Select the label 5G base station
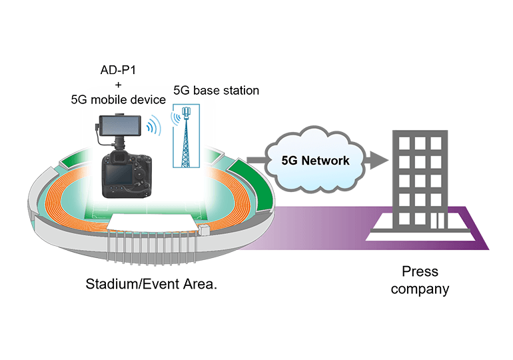(216, 90)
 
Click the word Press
(420, 272)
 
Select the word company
(420, 289)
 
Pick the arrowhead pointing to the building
(378, 160)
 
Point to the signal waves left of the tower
(175, 118)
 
